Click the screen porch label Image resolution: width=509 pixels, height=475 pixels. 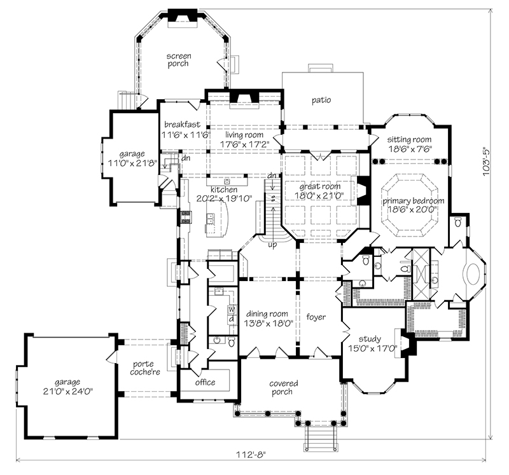(x=178, y=60)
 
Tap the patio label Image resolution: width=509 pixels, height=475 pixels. (x=321, y=100)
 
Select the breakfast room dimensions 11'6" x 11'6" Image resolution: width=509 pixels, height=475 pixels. (x=186, y=135)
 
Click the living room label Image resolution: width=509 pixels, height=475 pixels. (x=244, y=135)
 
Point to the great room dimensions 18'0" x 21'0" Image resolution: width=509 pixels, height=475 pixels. (x=319, y=195)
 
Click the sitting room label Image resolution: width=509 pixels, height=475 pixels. (x=409, y=139)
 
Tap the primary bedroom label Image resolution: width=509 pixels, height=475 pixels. (x=413, y=201)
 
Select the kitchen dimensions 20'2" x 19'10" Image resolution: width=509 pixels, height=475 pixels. (x=225, y=198)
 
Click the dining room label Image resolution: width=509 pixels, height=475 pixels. (x=267, y=313)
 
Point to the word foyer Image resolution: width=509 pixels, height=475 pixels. (x=316, y=317)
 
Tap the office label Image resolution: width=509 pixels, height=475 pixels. (x=205, y=382)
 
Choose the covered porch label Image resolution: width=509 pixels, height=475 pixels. (x=283, y=387)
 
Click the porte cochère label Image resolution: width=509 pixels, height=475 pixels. (x=145, y=368)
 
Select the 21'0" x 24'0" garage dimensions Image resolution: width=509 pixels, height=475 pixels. (x=68, y=391)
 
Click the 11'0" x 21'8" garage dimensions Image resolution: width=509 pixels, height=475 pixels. (x=132, y=163)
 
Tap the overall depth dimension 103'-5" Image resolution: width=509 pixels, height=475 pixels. (x=486, y=162)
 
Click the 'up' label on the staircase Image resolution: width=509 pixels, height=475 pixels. (x=272, y=245)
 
